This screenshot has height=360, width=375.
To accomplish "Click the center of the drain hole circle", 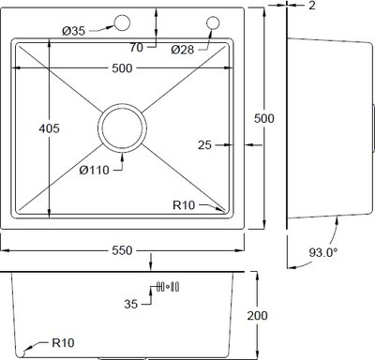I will [123, 126].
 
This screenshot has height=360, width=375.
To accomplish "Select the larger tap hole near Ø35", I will [121, 22].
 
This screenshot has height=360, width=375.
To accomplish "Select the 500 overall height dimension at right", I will [265, 117].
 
